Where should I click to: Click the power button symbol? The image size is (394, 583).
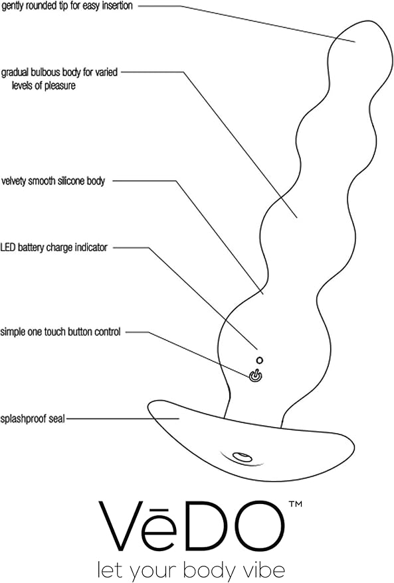255,376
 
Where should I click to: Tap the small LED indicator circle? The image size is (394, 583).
260,360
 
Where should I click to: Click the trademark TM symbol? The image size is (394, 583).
295,504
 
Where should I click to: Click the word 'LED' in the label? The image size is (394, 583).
7,247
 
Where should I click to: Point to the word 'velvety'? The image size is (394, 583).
14,181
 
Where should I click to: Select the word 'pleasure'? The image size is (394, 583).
60,86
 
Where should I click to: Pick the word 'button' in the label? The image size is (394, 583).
79,332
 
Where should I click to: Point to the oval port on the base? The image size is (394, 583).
242,456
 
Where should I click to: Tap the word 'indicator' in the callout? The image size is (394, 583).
91,247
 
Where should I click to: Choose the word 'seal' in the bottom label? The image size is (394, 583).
57,419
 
